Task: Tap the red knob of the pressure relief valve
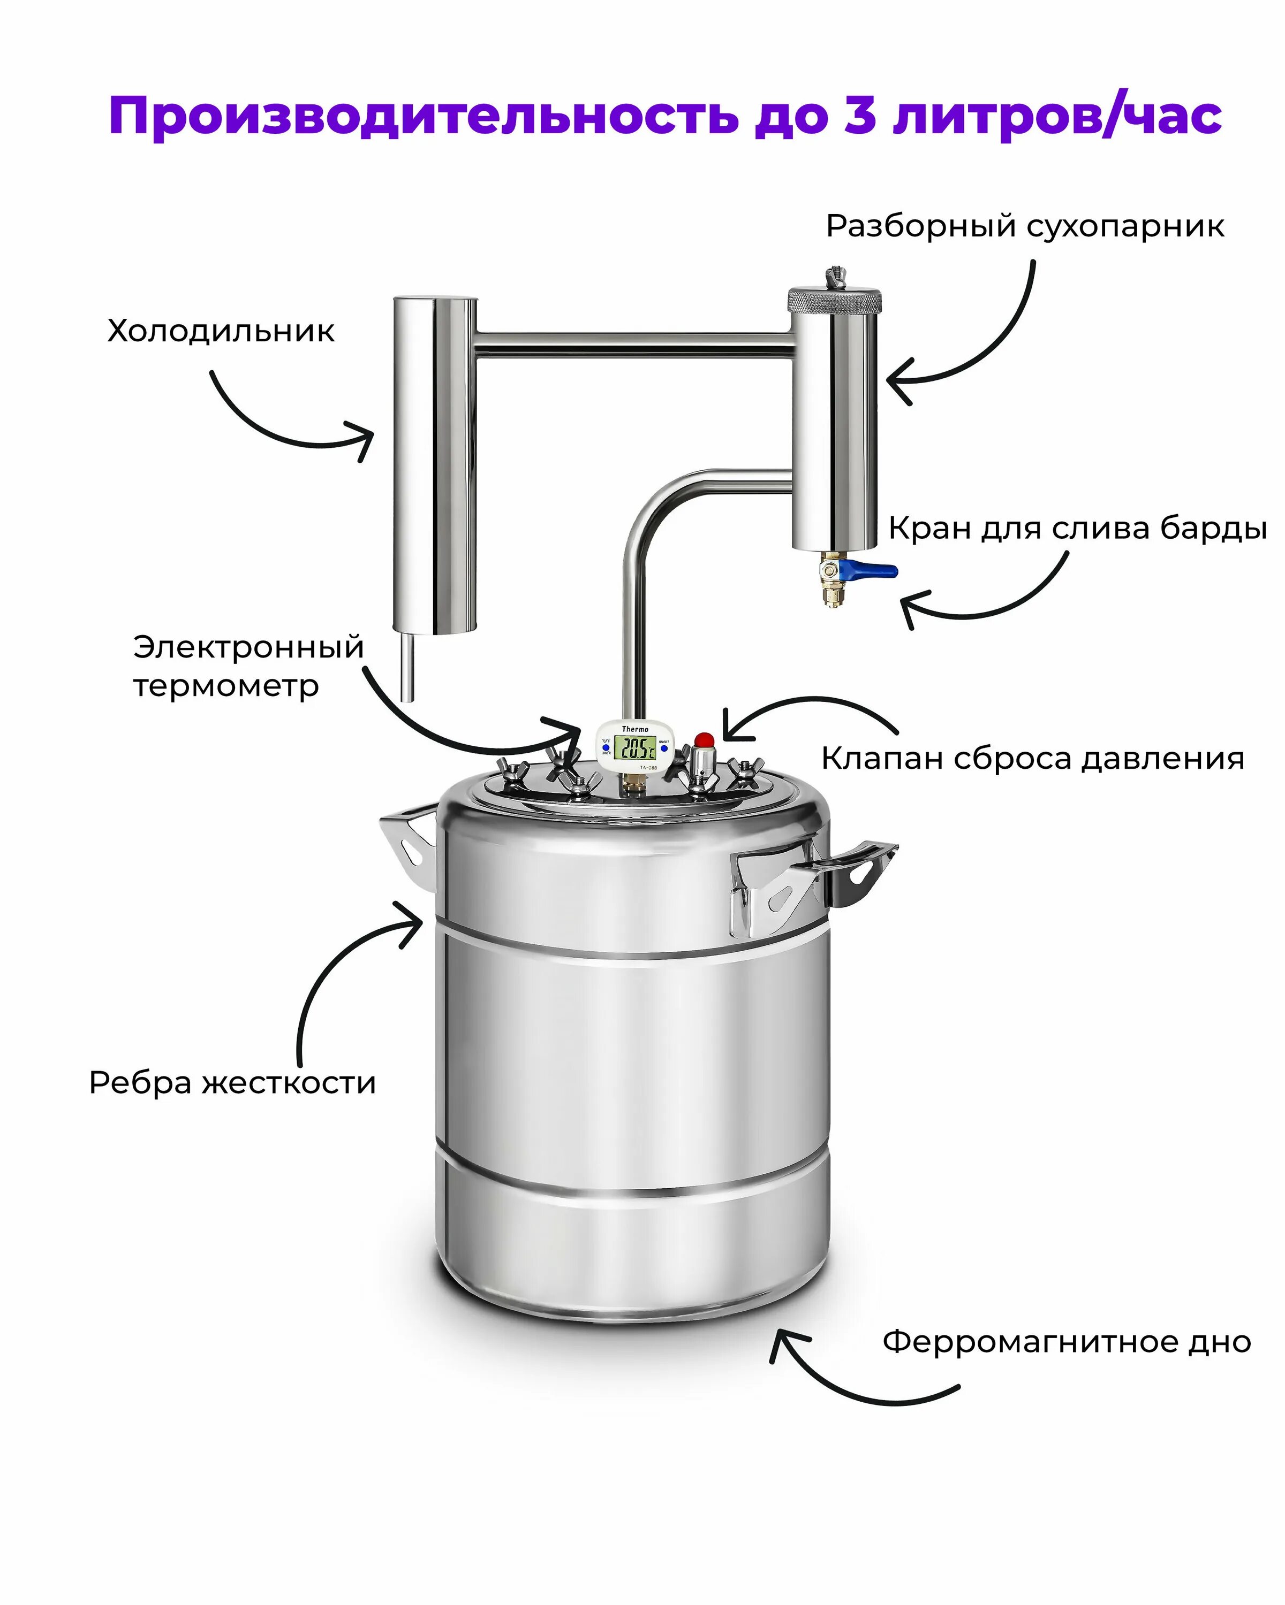click(703, 740)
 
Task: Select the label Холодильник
click(221, 331)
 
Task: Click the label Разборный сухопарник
click(1025, 226)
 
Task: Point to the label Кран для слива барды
click(1077, 529)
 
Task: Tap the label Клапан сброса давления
click(1032, 759)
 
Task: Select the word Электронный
click(248, 647)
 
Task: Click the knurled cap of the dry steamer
click(834, 301)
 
